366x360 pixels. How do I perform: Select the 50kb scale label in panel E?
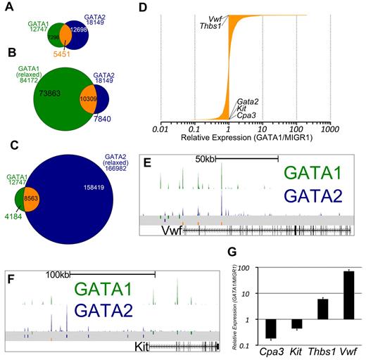(205, 160)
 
